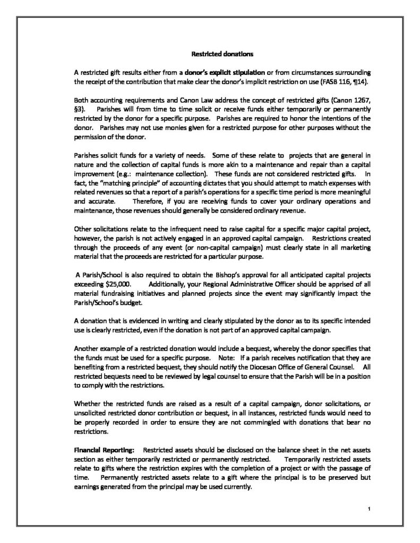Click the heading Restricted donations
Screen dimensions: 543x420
(x=210, y=54)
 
